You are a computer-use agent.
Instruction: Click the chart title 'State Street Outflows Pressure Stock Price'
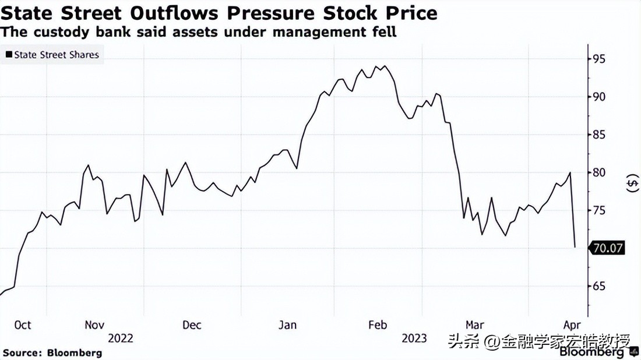pyautogui.click(x=219, y=12)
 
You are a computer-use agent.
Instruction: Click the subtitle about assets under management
pyautogui.click(x=198, y=31)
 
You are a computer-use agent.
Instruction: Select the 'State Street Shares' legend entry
pyautogui.click(x=52, y=55)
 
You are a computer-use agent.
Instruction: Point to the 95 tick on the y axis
pyautogui.click(x=599, y=59)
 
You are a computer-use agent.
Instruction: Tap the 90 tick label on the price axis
pyautogui.click(x=599, y=97)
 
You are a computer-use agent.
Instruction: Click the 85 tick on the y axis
pyautogui.click(x=599, y=135)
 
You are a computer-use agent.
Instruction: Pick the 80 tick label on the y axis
pyautogui.click(x=599, y=172)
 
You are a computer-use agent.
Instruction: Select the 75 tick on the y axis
pyautogui.click(x=599, y=210)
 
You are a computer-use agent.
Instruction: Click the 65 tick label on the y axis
pyautogui.click(x=599, y=286)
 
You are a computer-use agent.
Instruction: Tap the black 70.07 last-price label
pyautogui.click(x=608, y=248)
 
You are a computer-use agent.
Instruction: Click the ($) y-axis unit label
pyautogui.click(x=632, y=184)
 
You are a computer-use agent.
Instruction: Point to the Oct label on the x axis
pyautogui.click(x=22, y=325)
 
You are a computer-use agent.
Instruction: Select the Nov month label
pyautogui.click(x=94, y=325)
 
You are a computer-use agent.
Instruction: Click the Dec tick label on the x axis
pyautogui.click(x=192, y=325)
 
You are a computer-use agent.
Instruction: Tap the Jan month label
pyautogui.click(x=287, y=325)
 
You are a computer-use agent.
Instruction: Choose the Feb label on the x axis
pyautogui.click(x=378, y=325)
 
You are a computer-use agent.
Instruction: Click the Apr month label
pyautogui.click(x=572, y=325)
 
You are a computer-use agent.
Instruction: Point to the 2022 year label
pyautogui.click(x=121, y=338)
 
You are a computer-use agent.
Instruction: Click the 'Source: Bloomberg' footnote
pyautogui.click(x=52, y=352)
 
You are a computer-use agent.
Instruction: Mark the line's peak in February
pyautogui.click(x=385, y=66)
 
